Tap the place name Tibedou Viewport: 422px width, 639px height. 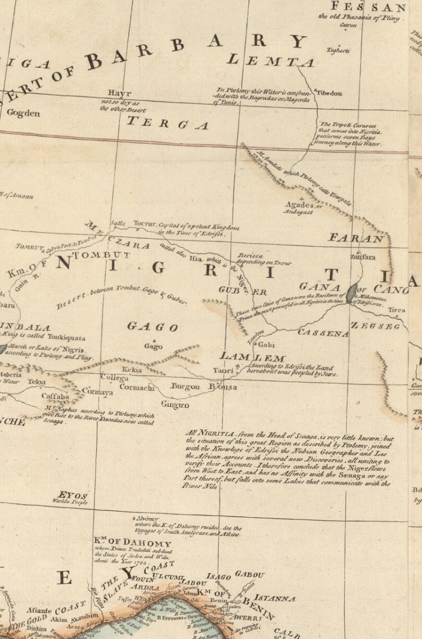coord(329,93)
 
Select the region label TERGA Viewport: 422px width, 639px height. coord(167,123)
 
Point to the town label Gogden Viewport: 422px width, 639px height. coord(23,113)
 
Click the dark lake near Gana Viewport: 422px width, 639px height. coord(352,292)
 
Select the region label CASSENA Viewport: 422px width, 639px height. coord(323,334)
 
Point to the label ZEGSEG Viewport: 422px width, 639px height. coord(375,326)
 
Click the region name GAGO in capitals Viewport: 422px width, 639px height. coord(152,326)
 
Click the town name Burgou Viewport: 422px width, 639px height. coord(186,387)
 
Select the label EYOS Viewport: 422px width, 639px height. coord(73,495)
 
